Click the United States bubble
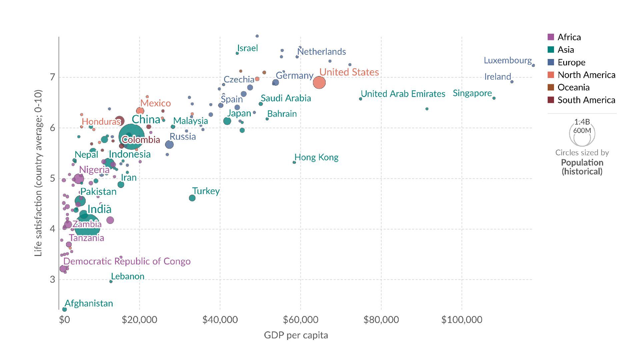point(319,82)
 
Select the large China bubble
point(131,137)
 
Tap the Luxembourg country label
point(508,60)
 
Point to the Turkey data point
point(192,198)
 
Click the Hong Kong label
point(316,157)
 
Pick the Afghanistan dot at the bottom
point(65,309)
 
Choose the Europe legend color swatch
point(551,62)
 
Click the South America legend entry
point(586,100)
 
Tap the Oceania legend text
point(573,87)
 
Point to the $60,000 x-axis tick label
point(300,320)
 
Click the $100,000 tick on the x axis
point(462,320)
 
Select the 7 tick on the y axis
point(52,77)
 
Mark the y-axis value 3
point(52,279)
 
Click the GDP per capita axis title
point(296,335)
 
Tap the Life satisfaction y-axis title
point(38,173)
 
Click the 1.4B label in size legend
point(582,122)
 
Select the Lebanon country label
point(128,276)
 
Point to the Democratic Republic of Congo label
point(127,261)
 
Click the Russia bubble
point(169,144)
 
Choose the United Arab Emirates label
point(403,94)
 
